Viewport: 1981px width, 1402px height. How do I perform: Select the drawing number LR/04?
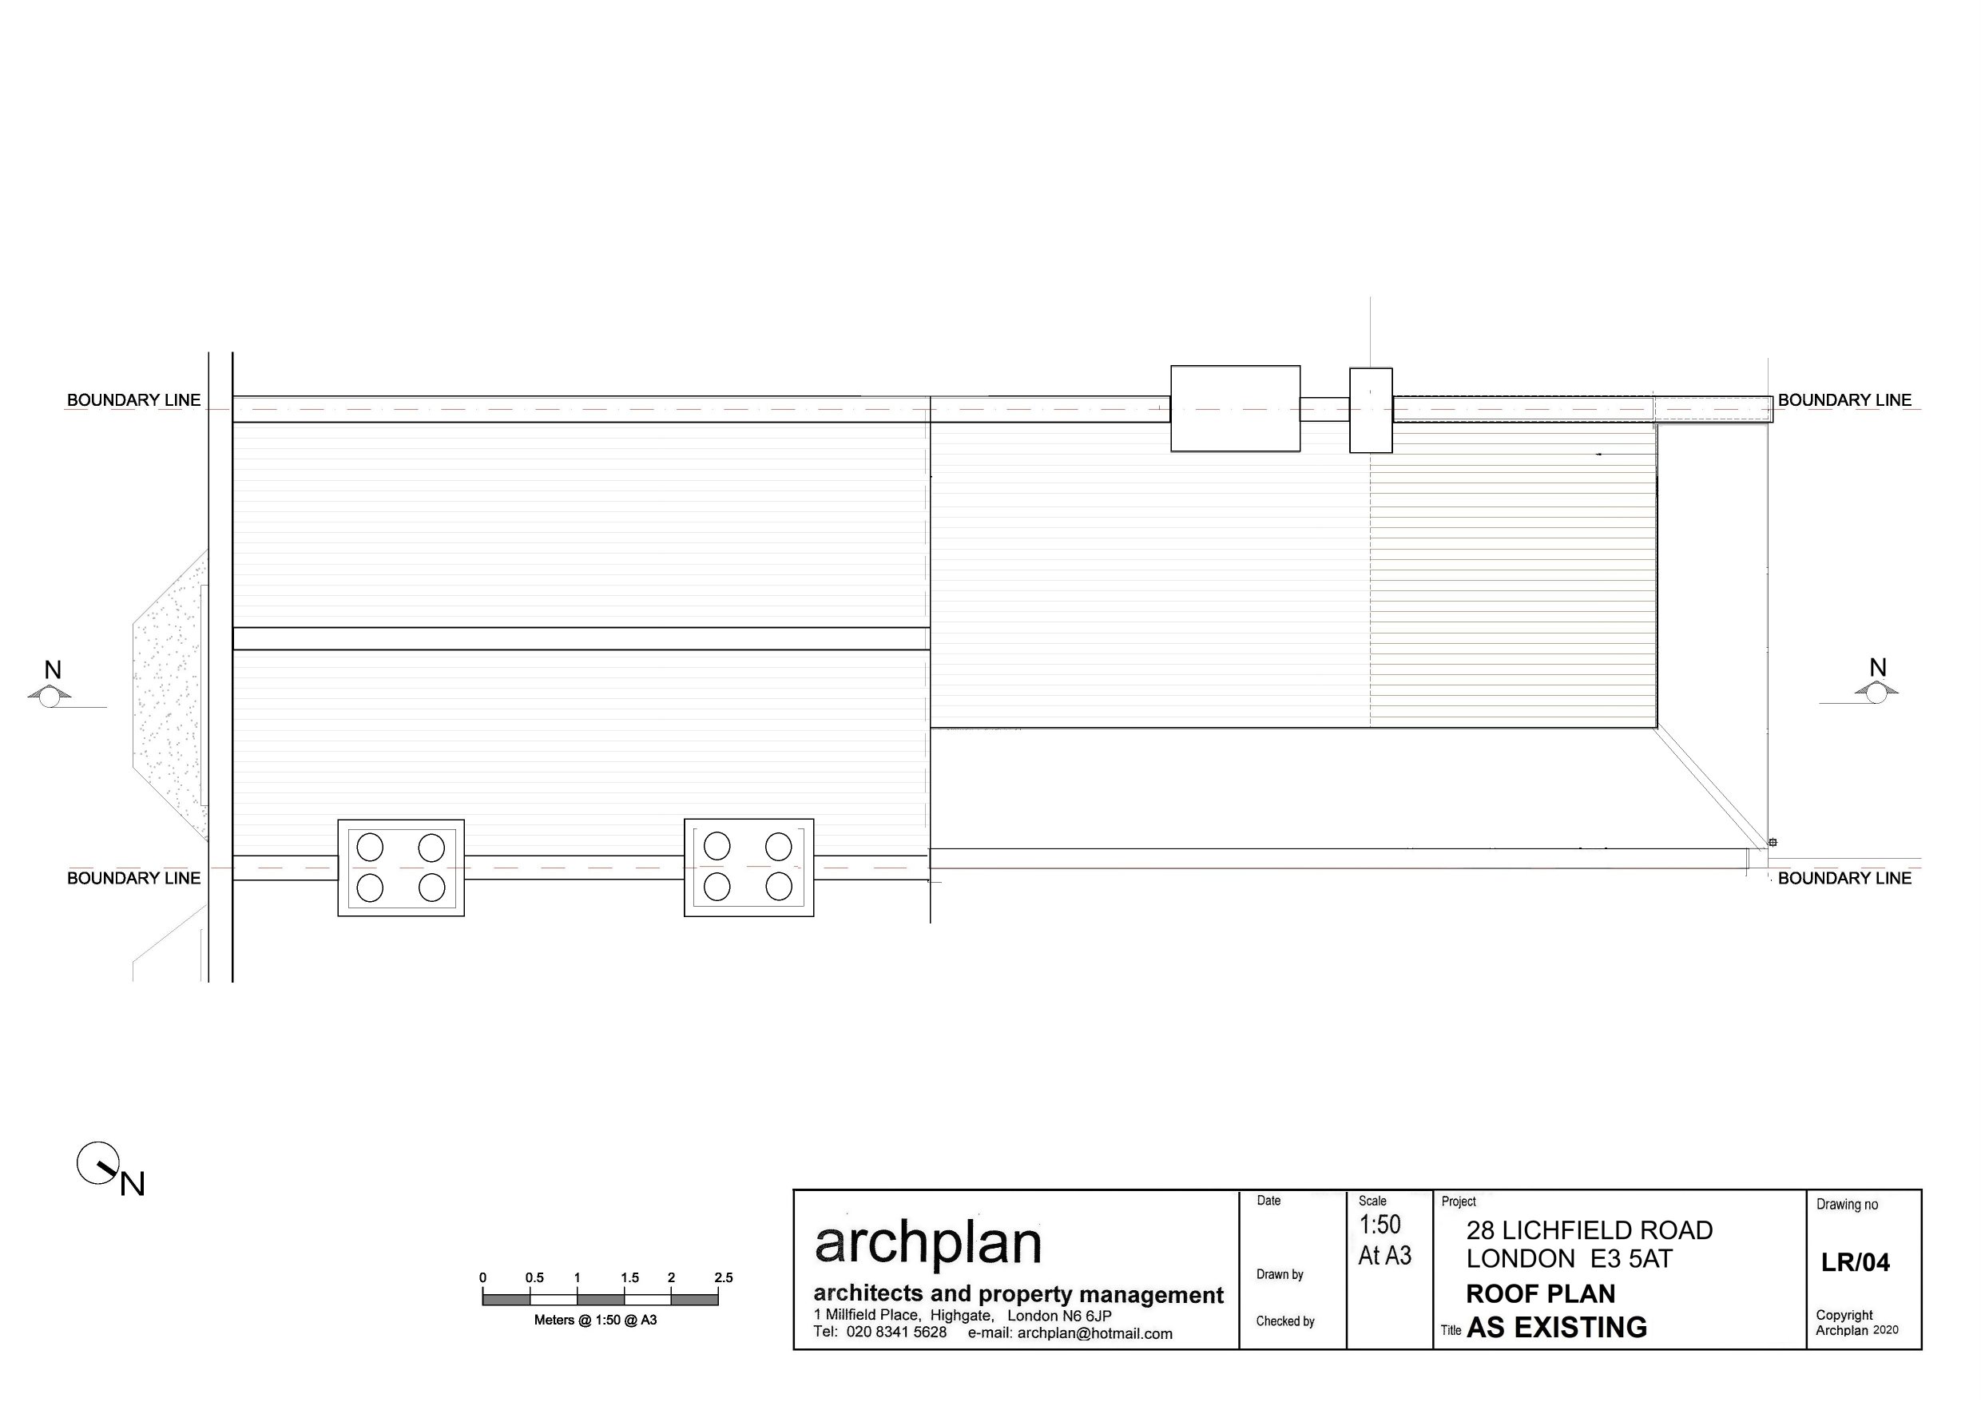click(x=1855, y=1262)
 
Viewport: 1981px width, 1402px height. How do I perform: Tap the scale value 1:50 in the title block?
click(x=1380, y=1224)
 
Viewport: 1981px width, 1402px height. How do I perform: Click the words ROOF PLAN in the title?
click(x=1541, y=1294)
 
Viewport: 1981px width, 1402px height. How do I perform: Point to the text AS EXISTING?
click(x=1556, y=1328)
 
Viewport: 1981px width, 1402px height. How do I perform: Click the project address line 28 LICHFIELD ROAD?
click(x=1589, y=1230)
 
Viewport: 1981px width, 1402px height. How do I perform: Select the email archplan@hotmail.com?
click(x=1094, y=1334)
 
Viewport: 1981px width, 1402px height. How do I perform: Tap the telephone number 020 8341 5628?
click(x=896, y=1333)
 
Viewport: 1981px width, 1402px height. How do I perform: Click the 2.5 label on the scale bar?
click(x=724, y=1277)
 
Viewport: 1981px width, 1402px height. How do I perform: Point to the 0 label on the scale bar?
click(x=482, y=1277)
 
